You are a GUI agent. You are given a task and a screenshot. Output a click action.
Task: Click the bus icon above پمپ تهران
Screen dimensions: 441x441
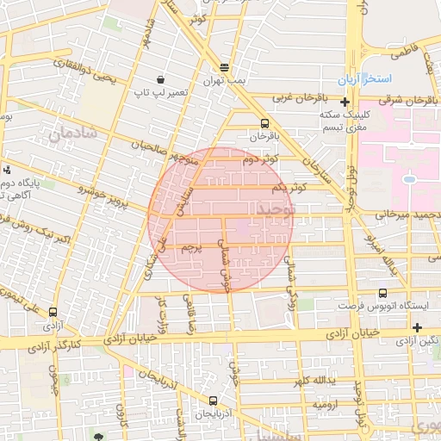(x=225, y=66)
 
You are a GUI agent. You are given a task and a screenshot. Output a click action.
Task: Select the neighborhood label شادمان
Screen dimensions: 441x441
(x=71, y=134)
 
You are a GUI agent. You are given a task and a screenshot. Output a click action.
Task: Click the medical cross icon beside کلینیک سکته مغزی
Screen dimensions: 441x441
(x=345, y=102)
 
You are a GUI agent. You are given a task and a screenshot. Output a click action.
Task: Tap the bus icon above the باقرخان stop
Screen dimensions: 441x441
(x=264, y=122)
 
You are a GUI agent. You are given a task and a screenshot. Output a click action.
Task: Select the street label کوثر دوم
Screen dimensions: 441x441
(x=258, y=159)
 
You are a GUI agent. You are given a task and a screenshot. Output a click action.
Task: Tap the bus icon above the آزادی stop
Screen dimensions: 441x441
(x=54, y=313)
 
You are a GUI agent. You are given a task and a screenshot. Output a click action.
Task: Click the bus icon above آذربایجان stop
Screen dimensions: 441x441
(x=213, y=401)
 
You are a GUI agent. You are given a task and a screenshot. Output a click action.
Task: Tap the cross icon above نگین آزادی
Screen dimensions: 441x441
(x=417, y=327)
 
